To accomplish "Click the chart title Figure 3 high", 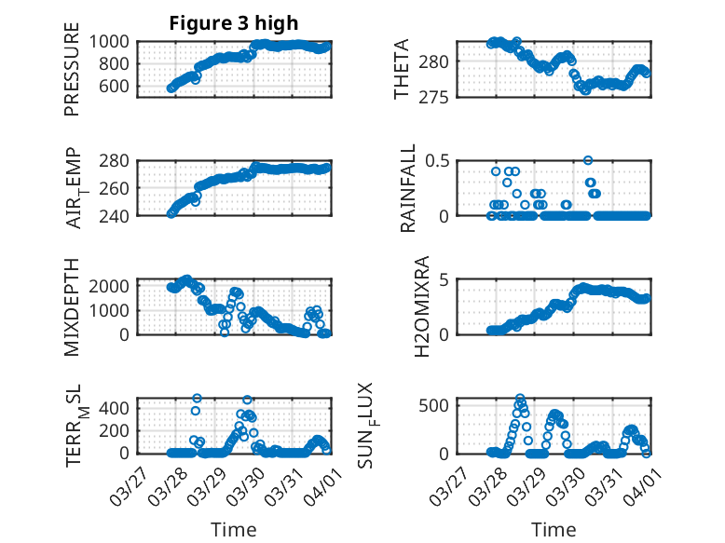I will tap(234, 23).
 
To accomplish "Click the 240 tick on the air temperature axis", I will tap(121, 215).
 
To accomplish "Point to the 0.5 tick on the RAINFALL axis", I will tap(438, 160).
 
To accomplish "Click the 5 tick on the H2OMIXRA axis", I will tap(445, 279).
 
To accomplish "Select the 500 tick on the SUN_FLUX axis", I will tap(438, 405).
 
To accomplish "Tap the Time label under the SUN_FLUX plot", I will tap(554, 530).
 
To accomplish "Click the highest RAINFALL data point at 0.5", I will tap(588, 160).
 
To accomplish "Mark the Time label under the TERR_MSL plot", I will tap(234, 530).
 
